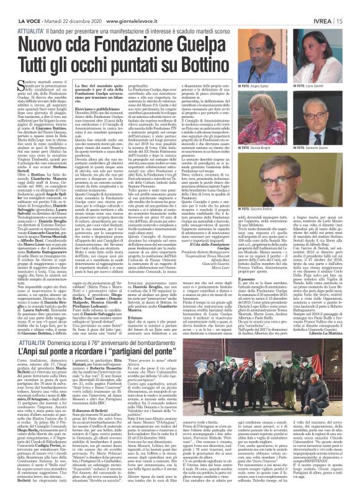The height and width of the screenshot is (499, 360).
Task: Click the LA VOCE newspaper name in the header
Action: click(x=16, y=5)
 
